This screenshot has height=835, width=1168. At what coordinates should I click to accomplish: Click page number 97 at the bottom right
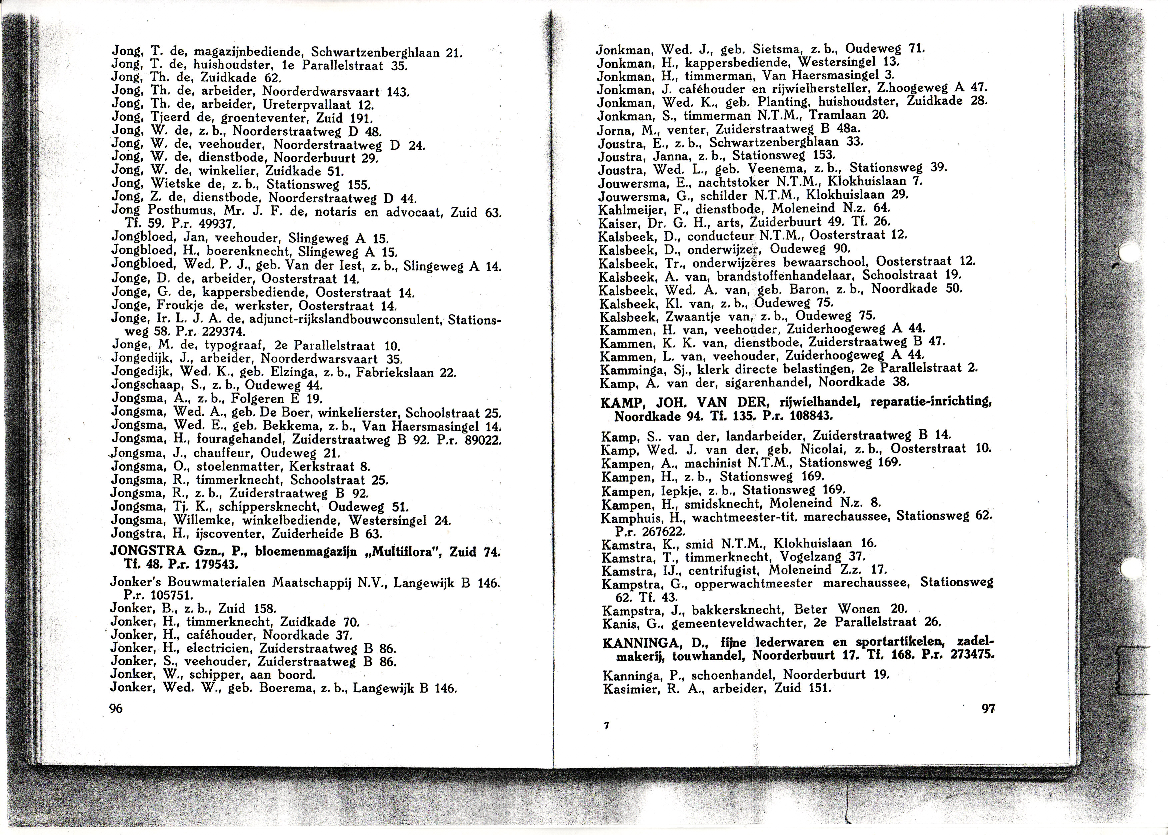(988, 709)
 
